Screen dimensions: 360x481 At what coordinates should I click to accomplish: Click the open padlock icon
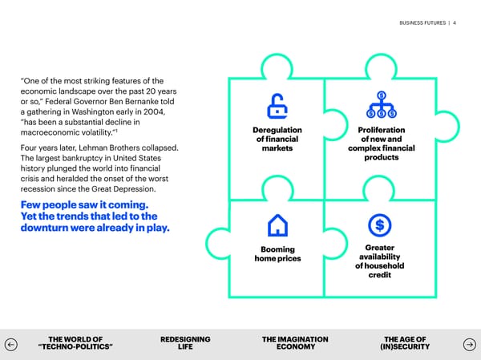[x=277, y=105]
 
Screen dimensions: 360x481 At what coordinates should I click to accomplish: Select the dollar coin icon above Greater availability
[x=380, y=224]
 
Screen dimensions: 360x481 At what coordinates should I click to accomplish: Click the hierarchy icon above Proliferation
[x=382, y=105]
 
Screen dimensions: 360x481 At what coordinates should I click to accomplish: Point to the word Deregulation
[x=277, y=130]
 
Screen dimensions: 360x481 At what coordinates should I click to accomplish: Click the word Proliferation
[x=381, y=130]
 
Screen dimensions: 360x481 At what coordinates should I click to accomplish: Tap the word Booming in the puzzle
[x=277, y=249]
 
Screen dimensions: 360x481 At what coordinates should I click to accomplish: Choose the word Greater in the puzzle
[x=380, y=248]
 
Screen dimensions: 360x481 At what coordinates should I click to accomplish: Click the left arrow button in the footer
[x=10, y=343]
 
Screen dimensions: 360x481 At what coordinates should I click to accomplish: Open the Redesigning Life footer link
[x=185, y=343]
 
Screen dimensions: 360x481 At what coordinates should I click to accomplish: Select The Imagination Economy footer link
[x=295, y=343]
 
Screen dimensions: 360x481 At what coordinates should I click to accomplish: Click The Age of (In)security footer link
[x=405, y=343]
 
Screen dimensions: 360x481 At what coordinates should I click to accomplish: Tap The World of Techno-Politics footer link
[x=75, y=343]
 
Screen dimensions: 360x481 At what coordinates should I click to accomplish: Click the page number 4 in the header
[x=455, y=22]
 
